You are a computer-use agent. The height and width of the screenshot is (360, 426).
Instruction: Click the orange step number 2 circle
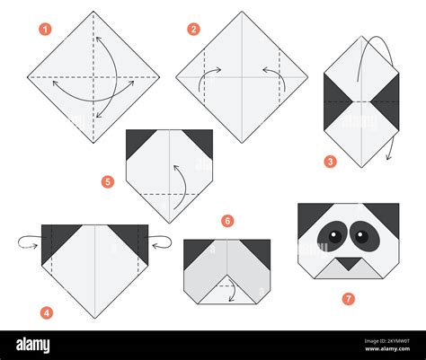coord(193,30)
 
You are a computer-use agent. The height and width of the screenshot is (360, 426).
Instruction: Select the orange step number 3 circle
coord(331,162)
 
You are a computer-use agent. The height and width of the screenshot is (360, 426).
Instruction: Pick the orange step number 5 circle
coord(108,181)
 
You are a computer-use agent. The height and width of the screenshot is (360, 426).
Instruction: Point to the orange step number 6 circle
coord(227,220)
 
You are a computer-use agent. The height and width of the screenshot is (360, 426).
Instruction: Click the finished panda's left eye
coord(334,237)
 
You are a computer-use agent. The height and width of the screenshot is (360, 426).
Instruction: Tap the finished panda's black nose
coord(347,265)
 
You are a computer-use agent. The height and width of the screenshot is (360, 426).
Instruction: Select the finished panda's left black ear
coord(309,215)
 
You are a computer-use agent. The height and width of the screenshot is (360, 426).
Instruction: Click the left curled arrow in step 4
coord(27,240)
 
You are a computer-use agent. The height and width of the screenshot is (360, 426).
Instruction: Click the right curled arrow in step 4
coord(160,239)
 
